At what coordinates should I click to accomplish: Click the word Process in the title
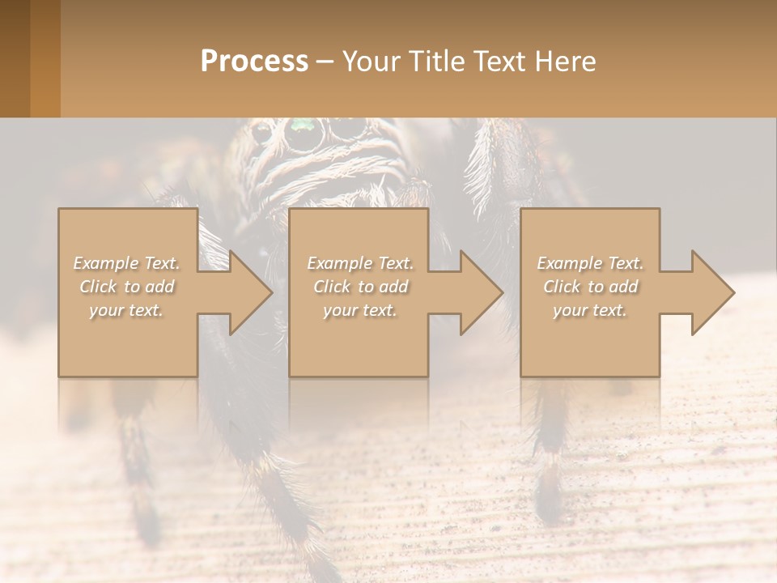[x=254, y=62]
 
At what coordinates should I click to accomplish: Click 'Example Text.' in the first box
[x=126, y=263]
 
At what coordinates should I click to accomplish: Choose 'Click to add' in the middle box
[x=360, y=287]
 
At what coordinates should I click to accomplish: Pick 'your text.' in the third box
[x=589, y=310]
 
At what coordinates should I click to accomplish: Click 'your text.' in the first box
[x=126, y=310]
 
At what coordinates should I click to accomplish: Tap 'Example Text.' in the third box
[x=589, y=263]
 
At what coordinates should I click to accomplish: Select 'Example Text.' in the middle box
[x=360, y=263]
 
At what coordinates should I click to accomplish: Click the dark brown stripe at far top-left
[x=15, y=58]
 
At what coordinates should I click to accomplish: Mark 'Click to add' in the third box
[x=589, y=287]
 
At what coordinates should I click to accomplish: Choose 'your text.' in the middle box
[x=360, y=310]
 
